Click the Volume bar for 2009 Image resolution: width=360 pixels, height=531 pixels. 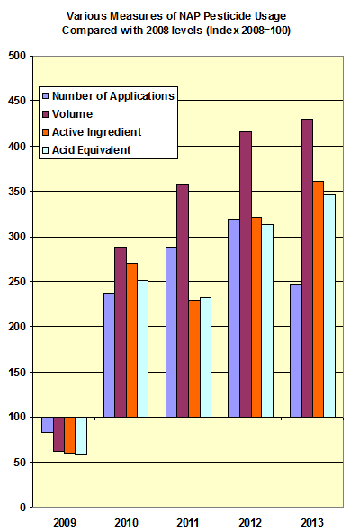pyautogui.click(x=59, y=434)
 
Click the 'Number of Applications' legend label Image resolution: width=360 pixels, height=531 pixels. pyautogui.click(x=113, y=95)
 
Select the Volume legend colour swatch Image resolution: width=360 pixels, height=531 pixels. pyautogui.click(x=46, y=113)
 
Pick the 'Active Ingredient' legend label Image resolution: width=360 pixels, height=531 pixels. pyautogui.click(x=97, y=131)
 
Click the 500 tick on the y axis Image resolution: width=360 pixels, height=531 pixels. pyautogui.click(x=15, y=57)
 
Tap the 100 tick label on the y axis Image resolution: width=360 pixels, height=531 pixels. pyautogui.click(x=15, y=417)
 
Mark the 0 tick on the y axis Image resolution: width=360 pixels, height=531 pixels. pyautogui.click(x=21, y=507)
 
